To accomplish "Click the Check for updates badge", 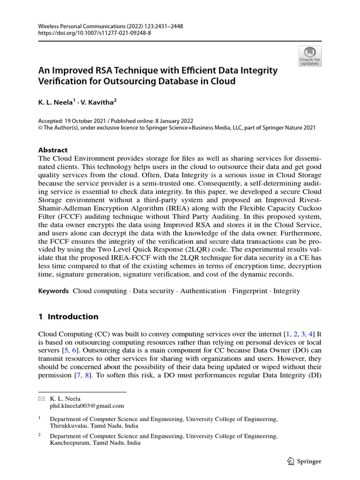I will [x=310, y=55].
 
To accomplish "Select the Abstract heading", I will [x=52, y=150].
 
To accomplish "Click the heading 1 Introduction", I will [x=68, y=316].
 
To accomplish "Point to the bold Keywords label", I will [x=53, y=291].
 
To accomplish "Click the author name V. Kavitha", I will [x=101, y=101].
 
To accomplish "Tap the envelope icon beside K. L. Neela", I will [x=41, y=398].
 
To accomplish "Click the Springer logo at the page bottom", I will [x=304, y=461].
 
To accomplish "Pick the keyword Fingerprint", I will [x=249, y=291].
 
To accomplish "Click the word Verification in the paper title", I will [x=62, y=81].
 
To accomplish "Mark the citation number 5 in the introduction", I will [x=64, y=350].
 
